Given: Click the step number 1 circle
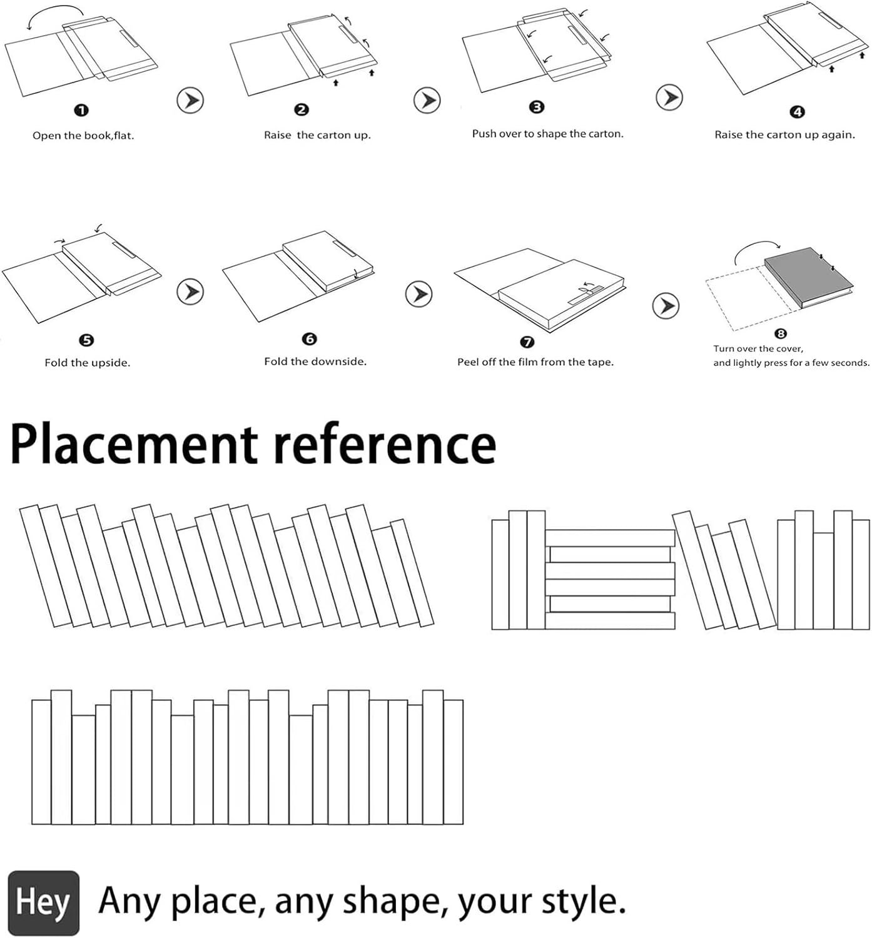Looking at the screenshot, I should (81, 111).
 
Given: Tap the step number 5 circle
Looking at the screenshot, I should (86, 340).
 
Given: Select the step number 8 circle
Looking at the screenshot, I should (781, 334).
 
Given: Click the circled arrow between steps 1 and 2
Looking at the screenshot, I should (190, 100).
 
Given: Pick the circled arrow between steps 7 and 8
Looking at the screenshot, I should (666, 306).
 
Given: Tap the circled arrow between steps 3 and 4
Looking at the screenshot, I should (669, 98).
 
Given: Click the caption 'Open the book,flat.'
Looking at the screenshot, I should (83, 136).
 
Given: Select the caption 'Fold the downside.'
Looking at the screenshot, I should (315, 361).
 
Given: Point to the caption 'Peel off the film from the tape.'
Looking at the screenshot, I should (535, 362).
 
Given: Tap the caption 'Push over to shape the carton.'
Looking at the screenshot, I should (547, 134).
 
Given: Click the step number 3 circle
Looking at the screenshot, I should (537, 107).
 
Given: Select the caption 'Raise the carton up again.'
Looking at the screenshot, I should (784, 135).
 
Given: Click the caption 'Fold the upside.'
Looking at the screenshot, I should (88, 363).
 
